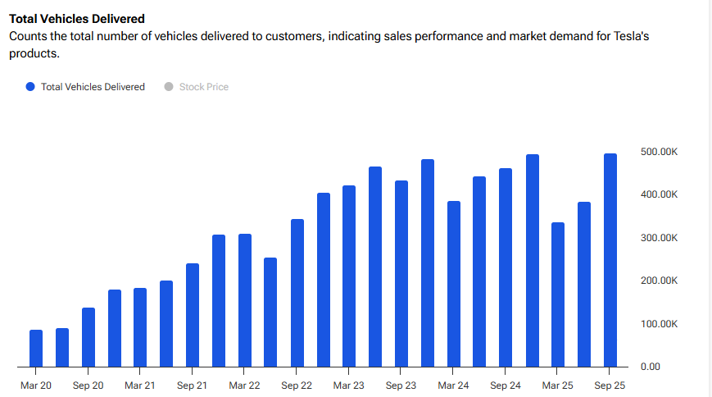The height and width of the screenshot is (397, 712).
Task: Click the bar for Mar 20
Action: (36, 348)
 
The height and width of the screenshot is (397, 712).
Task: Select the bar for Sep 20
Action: (88, 337)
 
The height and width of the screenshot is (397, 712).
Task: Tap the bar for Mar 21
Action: (140, 327)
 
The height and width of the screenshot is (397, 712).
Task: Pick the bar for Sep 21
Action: (193, 315)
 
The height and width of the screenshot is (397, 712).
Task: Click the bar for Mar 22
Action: (245, 300)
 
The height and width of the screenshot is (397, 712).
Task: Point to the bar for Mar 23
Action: (349, 276)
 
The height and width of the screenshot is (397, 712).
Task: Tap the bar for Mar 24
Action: (454, 284)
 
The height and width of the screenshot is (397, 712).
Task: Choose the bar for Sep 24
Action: (506, 267)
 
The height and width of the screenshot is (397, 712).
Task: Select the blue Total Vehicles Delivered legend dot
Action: (30, 87)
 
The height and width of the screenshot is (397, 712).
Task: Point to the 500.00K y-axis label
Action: (659, 152)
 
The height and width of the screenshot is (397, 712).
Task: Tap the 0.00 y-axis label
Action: (650, 367)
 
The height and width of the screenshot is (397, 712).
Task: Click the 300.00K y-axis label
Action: (659, 238)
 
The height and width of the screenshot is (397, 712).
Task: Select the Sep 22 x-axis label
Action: (297, 385)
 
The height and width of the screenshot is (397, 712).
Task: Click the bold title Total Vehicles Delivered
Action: (77, 18)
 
